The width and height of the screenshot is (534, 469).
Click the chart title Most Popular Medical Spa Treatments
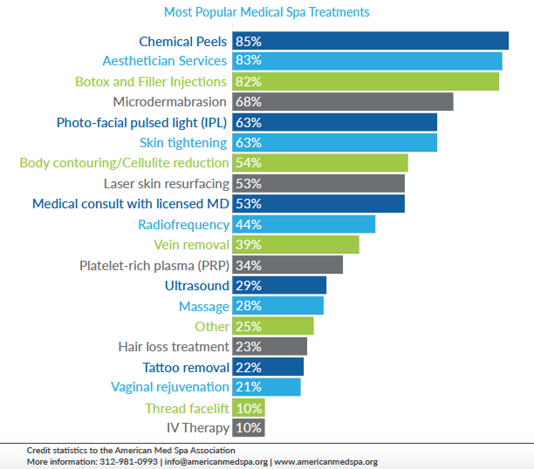click(x=266, y=12)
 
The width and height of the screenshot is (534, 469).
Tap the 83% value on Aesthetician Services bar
click(x=249, y=61)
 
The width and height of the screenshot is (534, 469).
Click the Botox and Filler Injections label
click(x=151, y=81)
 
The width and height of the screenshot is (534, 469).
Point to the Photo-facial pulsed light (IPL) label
click(x=142, y=122)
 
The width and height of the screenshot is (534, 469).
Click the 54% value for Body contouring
click(x=249, y=163)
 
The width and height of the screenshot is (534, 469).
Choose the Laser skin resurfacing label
click(x=166, y=184)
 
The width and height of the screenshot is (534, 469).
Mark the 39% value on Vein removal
click(x=249, y=245)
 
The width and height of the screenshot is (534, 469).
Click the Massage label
click(x=203, y=306)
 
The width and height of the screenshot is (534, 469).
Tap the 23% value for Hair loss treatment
click(x=249, y=347)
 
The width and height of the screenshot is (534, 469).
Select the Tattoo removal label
click(x=186, y=367)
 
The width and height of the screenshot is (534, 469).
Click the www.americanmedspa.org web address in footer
click(x=325, y=461)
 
